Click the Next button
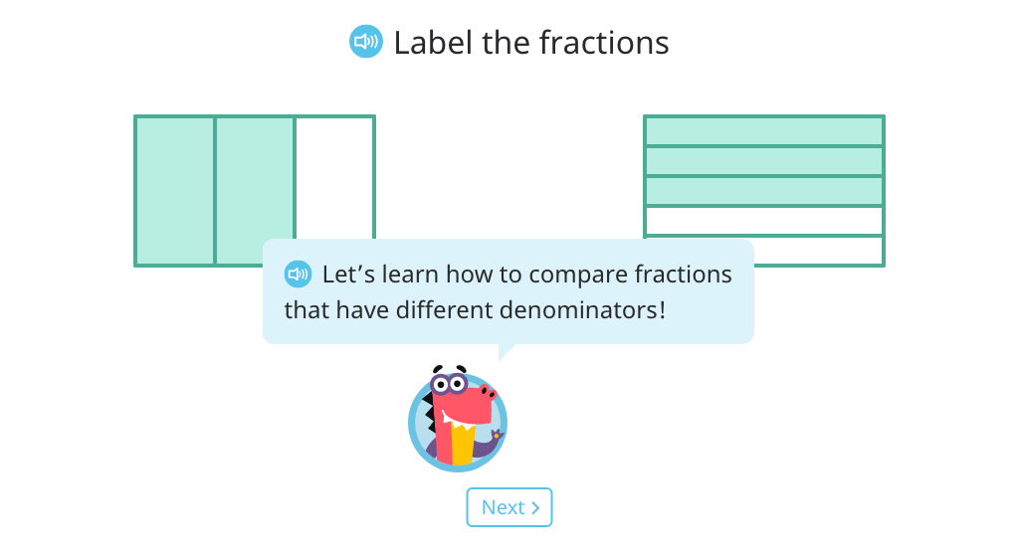coord(509,507)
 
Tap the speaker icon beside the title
coord(366,42)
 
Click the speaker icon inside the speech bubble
coord(298,274)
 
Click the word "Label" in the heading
coord(433,43)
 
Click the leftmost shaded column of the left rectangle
coord(175,191)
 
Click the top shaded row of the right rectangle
coord(763,131)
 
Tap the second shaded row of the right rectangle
coord(763,161)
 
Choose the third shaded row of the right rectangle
coord(763,191)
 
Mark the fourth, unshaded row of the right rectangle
coord(763,221)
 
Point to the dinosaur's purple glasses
coord(449,384)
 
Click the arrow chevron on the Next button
coord(535,507)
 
